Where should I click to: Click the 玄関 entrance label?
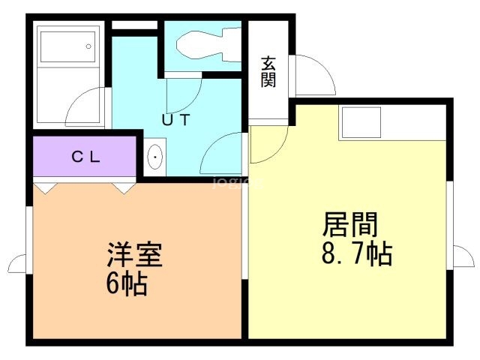click(268, 72)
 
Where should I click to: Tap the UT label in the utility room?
click(176, 120)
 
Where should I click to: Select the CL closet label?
click(85, 157)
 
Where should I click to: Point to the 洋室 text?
click(134, 255)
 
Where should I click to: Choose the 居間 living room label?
click(350, 225)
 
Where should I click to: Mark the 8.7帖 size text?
click(357, 253)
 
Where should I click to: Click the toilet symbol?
click(208, 45)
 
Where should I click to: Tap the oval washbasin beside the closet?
click(155, 157)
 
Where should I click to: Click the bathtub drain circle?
click(88, 46)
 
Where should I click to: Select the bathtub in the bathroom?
click(68, 46)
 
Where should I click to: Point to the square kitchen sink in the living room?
click(361, 122)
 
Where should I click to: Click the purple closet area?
click(85, 157)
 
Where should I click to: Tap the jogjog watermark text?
click(238, 183)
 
